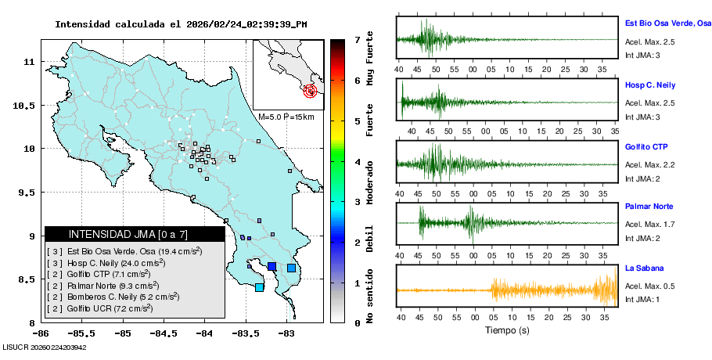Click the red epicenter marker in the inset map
click(x=311, y=91)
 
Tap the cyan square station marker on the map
click(x=259, y=287)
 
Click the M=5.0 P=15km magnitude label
click(x=286, y=117)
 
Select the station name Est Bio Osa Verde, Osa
click(x=667, y=23)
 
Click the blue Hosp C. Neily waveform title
click(x=650, y=85)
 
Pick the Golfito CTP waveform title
click(x=646, y=146)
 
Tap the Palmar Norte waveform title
click(x=649, y=207)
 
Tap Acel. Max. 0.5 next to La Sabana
click(x=649, y=286)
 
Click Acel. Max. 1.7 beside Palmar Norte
click(x=649, y=225)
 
